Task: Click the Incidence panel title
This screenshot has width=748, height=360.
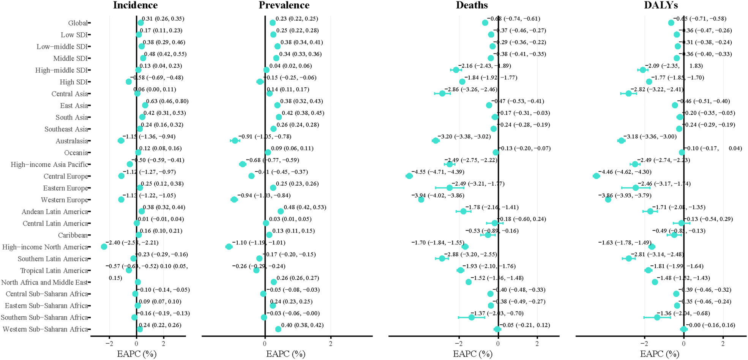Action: [135, 5]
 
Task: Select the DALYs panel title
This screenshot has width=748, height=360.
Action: [661, 5]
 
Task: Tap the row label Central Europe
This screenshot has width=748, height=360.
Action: [66, 176]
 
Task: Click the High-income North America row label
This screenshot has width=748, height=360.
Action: [45, 247]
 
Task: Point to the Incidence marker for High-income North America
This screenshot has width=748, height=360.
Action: [104, 247]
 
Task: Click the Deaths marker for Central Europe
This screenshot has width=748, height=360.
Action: [409, 176]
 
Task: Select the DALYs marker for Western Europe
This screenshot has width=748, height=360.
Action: [608, 199]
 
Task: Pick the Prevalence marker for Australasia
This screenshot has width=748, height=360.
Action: [235, 141]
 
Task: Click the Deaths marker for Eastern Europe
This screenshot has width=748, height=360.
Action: [450, 188]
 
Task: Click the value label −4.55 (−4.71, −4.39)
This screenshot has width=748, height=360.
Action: [437, 172]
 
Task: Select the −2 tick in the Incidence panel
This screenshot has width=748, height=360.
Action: [109, 344]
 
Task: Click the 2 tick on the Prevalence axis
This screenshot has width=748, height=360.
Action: [330, 344]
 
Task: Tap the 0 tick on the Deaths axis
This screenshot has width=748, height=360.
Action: [498, 344]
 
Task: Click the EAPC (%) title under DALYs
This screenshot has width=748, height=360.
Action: [659, 354]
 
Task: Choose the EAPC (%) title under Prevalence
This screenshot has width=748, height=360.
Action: [286, 354]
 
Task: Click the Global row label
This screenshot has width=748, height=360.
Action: [78, 23]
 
